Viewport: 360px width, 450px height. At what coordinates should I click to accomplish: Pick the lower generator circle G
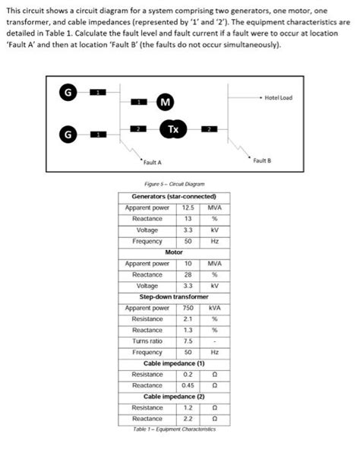(68, 135)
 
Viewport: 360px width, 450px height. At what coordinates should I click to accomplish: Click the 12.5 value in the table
(189, 208)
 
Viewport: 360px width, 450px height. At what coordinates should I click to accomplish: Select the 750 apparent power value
(189, 309)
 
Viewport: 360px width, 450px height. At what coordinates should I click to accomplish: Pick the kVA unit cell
(215, 309)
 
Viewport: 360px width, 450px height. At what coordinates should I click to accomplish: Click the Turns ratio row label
(147, 341)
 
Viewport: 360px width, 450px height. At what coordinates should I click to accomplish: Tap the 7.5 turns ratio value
(189, 341)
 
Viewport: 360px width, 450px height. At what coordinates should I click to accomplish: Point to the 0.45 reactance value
(189, 385)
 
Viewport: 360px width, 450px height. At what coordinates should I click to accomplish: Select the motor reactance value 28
(189, 274)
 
